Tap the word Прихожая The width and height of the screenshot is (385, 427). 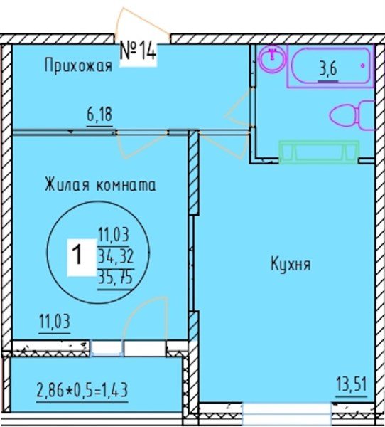point(78,67)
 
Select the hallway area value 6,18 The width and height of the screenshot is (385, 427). point(100,113)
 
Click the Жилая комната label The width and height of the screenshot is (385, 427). point(100,185)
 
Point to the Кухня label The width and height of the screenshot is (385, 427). point(290,264)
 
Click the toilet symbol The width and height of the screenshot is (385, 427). point(353,116)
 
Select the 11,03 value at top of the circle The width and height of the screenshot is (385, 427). point(114,233)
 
